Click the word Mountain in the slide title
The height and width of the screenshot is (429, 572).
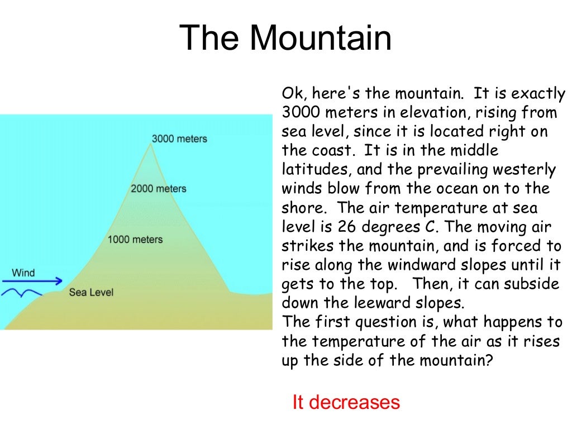coord(320,39)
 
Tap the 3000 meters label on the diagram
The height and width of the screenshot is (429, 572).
coord(179,139)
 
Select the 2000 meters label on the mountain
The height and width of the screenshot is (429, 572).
coord(158,188)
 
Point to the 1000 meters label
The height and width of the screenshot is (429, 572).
coord(135,240)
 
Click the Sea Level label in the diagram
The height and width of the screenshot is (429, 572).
coord(91,292)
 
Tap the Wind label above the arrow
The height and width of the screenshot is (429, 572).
coord(23,273)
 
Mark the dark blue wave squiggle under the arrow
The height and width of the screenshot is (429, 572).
coord(22,292)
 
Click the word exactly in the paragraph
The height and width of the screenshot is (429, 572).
coord(535,93)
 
